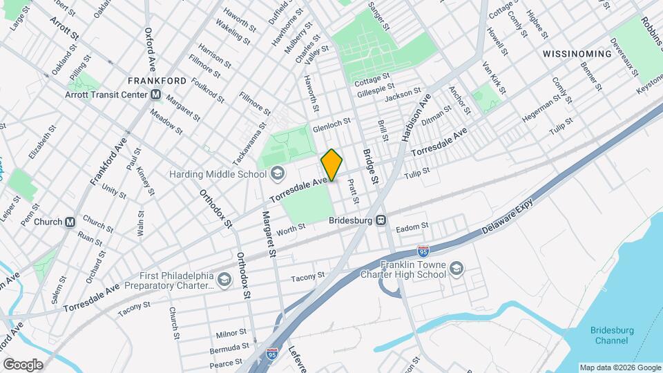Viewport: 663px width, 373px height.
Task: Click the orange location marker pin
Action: point(331,165)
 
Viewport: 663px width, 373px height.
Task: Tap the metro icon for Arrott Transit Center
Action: point(156,95)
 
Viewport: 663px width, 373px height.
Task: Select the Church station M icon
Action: point(70,222)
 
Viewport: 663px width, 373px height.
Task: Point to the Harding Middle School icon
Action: point(278,173)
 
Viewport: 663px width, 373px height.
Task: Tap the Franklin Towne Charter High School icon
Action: point(457,267)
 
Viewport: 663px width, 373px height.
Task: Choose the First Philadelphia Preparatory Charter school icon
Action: point(223,279)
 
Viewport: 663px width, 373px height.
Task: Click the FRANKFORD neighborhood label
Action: point(157,81)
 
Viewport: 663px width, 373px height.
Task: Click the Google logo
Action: point(22,365)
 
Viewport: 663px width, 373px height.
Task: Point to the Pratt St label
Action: point(353,191)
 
